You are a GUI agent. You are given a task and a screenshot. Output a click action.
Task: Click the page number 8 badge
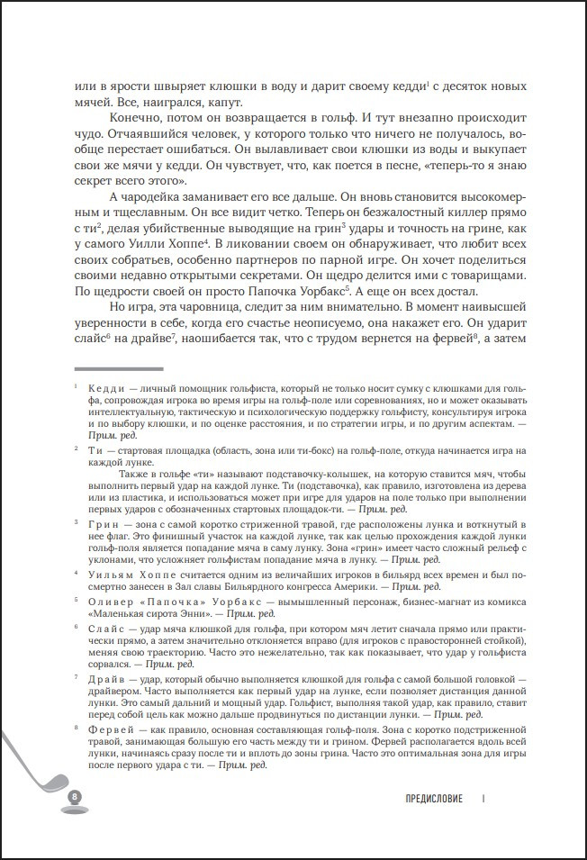[x=75, y=796]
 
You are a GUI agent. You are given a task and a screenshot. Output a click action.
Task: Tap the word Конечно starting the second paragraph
[x=136, y=118]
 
